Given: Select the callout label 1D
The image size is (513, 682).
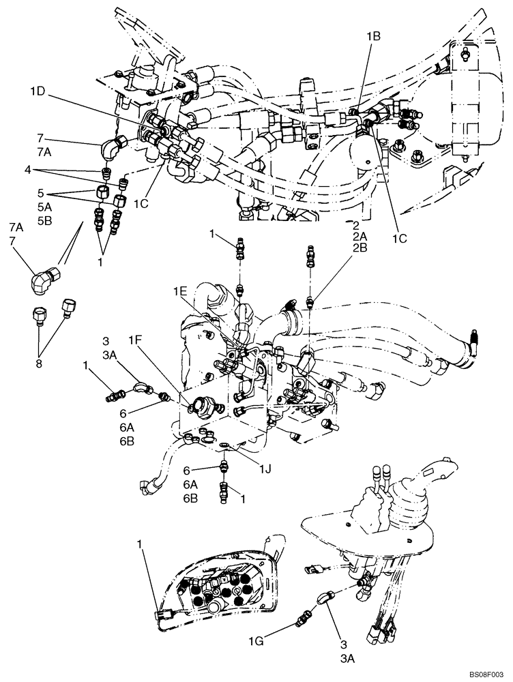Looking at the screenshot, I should tap(38, 90).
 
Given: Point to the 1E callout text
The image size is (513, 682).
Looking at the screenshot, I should tap(179, 291).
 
